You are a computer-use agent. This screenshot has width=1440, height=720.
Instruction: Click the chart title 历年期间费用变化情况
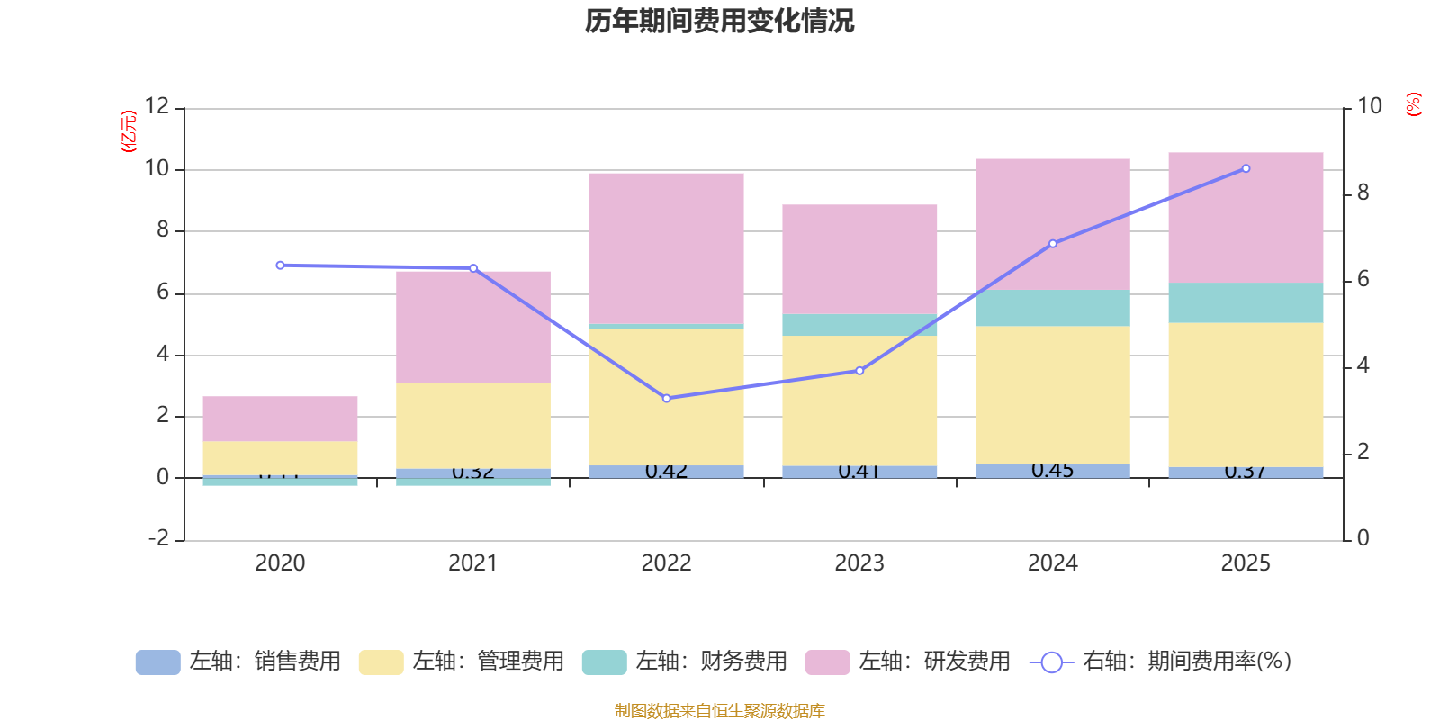tap(719, 21)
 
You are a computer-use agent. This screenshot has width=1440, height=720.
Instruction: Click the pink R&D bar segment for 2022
tap(666, 247)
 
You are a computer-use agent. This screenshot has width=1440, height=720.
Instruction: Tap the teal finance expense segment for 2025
tap(1246, 302)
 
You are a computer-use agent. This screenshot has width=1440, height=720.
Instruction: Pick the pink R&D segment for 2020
tap(280, 418)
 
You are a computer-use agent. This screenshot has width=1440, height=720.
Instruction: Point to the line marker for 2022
tap(666, 398)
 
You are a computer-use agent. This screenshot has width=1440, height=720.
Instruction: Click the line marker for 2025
tap(1246, 168)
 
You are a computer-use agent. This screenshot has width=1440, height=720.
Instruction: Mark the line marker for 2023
tap(859, 371)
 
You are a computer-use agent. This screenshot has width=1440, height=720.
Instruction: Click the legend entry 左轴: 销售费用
tap(238, 661)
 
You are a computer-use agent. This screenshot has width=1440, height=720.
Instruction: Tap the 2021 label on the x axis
tap(472, 563)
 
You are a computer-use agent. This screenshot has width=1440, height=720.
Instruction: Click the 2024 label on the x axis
tap(1052, 563)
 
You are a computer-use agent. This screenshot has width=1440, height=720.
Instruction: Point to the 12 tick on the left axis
tap(157, 106)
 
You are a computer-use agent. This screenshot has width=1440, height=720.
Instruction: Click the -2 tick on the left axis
tap(158, 538)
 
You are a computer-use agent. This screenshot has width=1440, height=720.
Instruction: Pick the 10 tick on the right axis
tap(1369, 106)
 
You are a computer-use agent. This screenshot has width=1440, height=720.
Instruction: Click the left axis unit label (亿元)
tap(129, 131)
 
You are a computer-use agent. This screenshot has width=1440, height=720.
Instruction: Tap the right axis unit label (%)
tap(1413, 104)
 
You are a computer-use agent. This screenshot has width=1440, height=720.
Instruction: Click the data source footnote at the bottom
tap(719, 711)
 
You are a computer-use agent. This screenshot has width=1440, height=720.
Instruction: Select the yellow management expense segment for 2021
tap(473, 425)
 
